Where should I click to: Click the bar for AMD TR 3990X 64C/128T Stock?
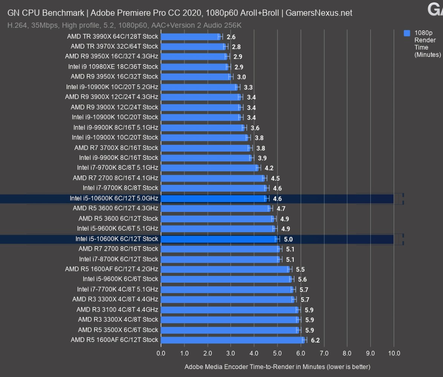[x=190, y=37]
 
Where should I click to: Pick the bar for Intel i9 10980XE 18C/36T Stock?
[x=194, y=67]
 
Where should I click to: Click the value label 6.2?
[x=315, y=340]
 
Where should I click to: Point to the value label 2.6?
[x=231, y=37]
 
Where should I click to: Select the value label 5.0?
[x=288, y=239]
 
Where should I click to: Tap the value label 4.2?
[x=269, y=168]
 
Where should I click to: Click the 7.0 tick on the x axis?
[x=324, y=353]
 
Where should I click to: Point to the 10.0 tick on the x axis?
[x=394, y=353]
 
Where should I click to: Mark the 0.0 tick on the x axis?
[x=161, y=353]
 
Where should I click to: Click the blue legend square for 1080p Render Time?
[x=407, y=33]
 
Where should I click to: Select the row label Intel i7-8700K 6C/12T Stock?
[x=119, y=259]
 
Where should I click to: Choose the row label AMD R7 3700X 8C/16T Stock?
[x=116, y=148]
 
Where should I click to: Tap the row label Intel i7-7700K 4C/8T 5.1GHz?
[x=118, y=289]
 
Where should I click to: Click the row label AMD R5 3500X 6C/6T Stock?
[x=118, y=329]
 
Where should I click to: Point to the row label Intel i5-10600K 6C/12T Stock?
[x=117, y=239]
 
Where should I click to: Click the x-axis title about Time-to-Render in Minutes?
[x=277, y=366]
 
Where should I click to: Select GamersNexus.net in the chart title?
[x=319, y=13]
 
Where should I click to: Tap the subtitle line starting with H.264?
[x=124, y=25]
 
